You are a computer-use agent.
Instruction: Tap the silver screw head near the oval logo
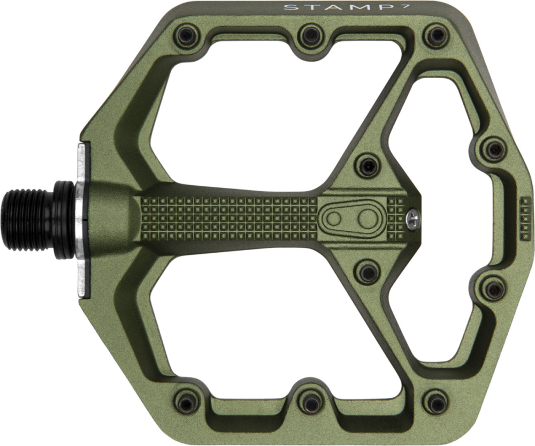pos(412,217)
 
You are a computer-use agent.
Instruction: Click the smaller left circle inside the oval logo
pos(334,218)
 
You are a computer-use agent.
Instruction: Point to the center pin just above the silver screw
pos(368,166)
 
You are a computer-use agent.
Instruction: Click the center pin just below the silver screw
pos(368,272)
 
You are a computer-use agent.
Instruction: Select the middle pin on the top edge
pos(311,36)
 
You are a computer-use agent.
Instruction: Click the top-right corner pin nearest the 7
pos(435,36)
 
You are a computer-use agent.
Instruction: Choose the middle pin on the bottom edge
pos(311,400)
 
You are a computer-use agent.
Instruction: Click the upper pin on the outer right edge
pos(493,149)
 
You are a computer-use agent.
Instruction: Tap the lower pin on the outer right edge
pos(493,289)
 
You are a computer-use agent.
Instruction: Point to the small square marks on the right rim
pos(526,218)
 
